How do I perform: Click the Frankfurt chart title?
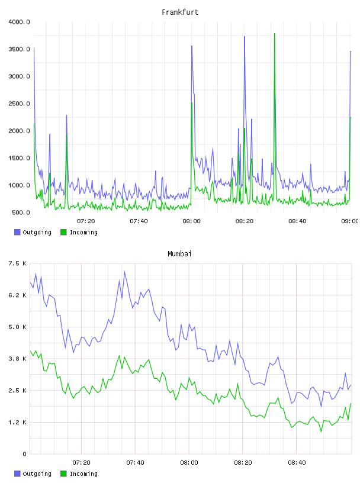(x=180, y=12)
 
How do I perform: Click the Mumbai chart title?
(x=179, y=254)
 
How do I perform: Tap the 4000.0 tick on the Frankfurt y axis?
(x=19, y=22)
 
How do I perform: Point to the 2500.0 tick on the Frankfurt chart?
(x=19, y=104)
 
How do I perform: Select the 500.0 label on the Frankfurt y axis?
(x=21, y=212)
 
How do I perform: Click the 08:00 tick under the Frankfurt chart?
(x=191, y=221)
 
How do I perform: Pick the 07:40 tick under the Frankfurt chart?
(x=139, y=221)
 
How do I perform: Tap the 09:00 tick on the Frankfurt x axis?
(x=350, y=221)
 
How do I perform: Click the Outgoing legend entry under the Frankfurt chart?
(x=33, y=232)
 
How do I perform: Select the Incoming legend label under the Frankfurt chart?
(x=83, y=232)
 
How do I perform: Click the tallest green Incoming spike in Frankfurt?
(x=275, y=34)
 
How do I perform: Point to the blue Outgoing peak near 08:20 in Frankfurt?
(x=245, y=37)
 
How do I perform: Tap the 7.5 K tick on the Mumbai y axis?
(x=18, y=263)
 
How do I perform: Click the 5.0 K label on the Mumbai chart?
(x=18, y=327)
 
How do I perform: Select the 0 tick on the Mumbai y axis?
(x=24, y=454)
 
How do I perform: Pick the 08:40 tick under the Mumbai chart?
(x=297, y=463)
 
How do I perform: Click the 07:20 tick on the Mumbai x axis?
(x=81, y=463)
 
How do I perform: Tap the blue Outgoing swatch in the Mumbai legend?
(x=17, y=474)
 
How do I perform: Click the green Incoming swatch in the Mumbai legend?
(x=63, y=474)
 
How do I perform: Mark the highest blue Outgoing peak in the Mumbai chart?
(x=124, y=272)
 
